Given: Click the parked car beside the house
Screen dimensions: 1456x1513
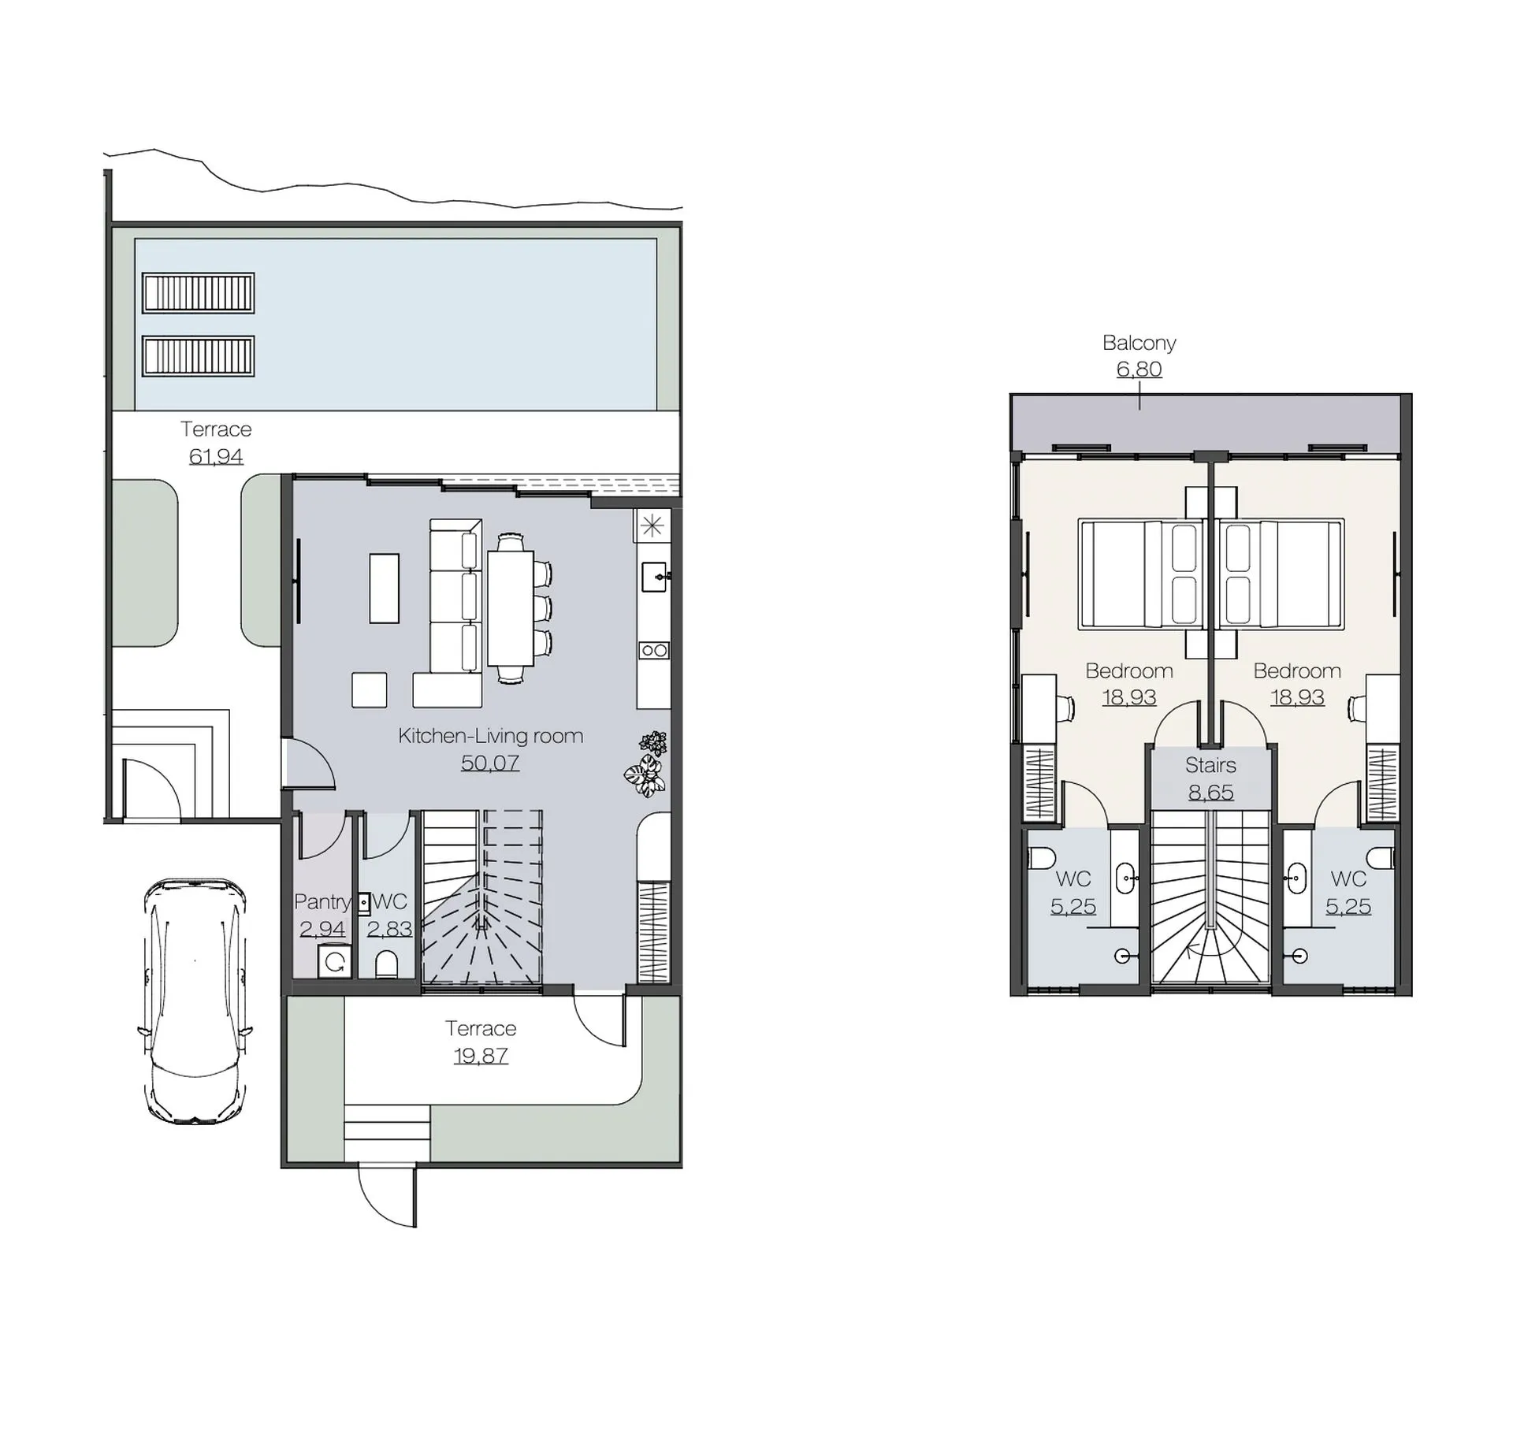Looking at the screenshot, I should [195, 1000].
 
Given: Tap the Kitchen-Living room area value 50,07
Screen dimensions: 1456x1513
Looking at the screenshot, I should [489, 763].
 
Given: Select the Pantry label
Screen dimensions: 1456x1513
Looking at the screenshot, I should [322, 901].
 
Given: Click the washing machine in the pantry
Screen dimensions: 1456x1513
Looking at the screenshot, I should [335, 962].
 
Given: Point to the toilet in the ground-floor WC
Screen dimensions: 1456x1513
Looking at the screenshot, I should [386, 964].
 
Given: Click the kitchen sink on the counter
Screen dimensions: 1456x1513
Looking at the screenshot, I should [653, 577].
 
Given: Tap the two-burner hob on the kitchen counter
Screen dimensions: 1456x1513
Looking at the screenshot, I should [653, 650].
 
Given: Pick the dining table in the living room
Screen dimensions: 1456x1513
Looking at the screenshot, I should [511, 607].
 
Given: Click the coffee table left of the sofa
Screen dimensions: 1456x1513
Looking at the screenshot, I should [384, 588].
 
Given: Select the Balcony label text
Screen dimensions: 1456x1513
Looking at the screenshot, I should [1139, 343].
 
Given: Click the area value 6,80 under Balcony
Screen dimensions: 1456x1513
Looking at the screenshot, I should [1139, 369].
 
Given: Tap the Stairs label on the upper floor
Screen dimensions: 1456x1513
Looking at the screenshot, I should [1210, 765].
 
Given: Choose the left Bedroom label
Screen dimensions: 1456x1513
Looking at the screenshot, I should [1128, 670].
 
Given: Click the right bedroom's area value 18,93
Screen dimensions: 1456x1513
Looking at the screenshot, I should [1297, 697].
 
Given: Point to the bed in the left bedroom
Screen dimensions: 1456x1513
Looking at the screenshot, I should [1143, 574].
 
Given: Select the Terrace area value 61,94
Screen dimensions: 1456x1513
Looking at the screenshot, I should [216, 456].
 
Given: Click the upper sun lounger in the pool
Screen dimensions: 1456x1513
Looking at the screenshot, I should [199, 293].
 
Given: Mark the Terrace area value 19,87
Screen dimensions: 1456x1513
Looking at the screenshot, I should [481, 1056].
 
